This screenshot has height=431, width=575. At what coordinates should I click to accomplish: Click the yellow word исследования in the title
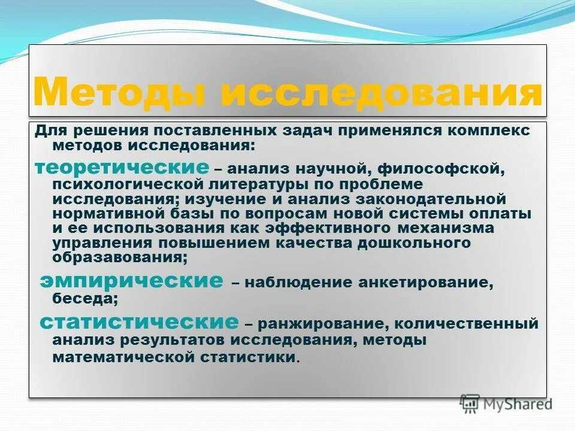coord(380,92)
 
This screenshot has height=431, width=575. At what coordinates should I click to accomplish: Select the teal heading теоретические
coord(122,167)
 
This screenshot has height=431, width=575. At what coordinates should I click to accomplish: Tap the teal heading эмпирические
coord(132,280)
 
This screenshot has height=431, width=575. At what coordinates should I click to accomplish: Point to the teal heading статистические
coord(139,321)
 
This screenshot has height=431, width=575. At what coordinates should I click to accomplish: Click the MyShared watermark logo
coord(506,403)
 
